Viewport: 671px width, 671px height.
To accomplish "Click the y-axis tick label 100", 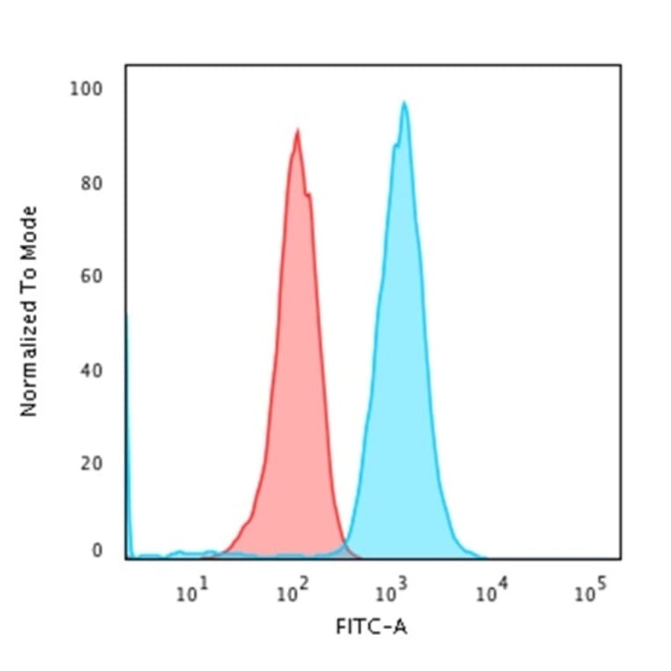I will click(86, 90).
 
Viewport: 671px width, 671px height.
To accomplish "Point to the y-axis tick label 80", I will click(90, 183).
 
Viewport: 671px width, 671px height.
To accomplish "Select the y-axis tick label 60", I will click(90, 277).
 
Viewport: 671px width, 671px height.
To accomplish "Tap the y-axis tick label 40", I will click(90, 370).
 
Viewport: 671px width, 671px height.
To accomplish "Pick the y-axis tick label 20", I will click(90, 463).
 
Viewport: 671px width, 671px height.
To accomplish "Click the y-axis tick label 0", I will click(97, 552).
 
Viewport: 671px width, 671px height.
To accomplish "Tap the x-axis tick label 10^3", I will click(391, 592).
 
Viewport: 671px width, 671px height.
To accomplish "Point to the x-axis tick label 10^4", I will click(490, 592).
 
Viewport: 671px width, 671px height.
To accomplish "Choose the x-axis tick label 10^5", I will click(590, 592).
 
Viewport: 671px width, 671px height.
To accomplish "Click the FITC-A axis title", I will click(372, 627).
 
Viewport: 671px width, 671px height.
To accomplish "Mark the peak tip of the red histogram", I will click(298, 131).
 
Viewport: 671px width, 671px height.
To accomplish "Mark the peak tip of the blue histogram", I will click(404, 103).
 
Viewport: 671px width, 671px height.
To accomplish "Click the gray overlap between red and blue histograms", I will click(349, 551).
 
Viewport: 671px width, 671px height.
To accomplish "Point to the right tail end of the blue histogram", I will click(483, 556).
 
